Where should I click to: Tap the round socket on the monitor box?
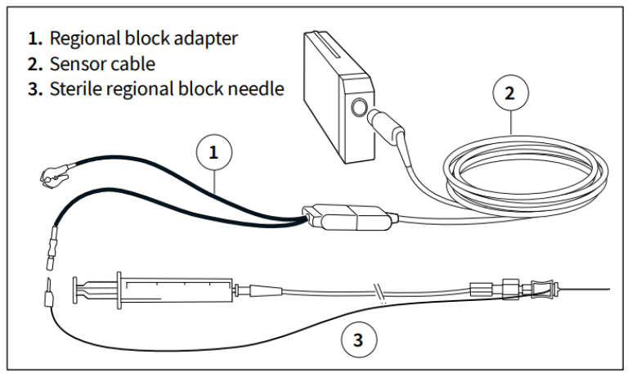coord(357,107)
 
